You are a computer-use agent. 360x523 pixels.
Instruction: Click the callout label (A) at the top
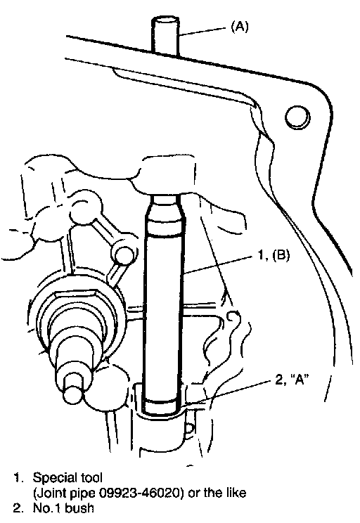click(x=240, y=26)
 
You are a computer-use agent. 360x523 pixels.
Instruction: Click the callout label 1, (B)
click(x=274, y=255)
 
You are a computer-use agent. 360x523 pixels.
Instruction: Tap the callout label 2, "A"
click(x=290, y=380)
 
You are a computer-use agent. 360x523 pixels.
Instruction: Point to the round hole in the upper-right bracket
click(x=297, y=117)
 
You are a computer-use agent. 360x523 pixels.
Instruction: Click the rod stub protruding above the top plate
click(x=165, y=36)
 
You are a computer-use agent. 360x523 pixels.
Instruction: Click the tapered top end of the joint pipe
click(x=164, y=207)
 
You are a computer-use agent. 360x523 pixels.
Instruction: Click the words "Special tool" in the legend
click(x=67, y=477)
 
